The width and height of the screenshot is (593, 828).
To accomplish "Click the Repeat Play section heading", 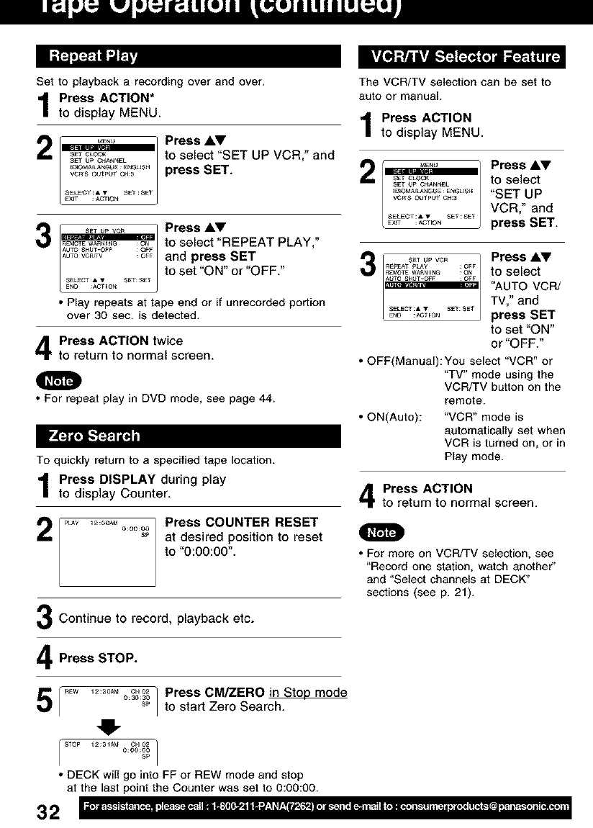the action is click(93, 56).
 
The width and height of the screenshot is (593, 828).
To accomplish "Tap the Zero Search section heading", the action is click(94, 436).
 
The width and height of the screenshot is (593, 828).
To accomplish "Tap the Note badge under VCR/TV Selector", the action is click(382, 532).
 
